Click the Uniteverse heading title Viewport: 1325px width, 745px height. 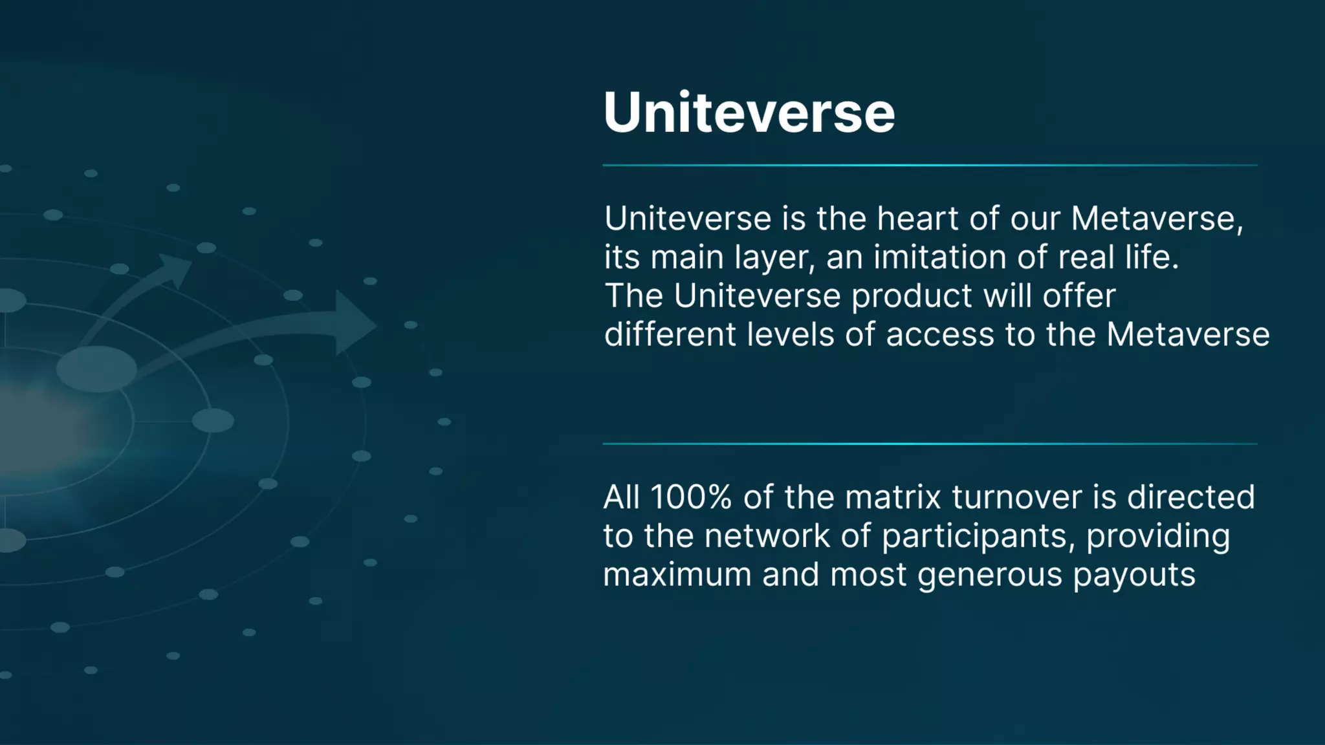(749, 113)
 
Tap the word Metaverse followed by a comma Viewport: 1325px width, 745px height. (1157, 219)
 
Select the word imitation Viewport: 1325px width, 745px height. (939, 257)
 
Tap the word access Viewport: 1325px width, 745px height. (939, 336)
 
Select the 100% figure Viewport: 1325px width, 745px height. (690, 497)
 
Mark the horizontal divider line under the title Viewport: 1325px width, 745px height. (929, 166)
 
